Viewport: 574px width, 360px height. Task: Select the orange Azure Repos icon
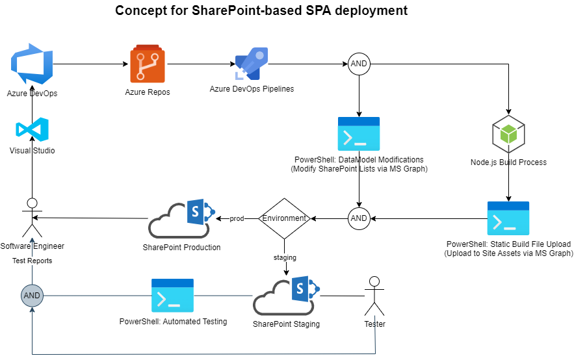click(x=148, y=64)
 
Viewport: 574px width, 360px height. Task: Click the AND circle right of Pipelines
click(x=359, y=64)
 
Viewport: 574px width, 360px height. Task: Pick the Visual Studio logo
click(x=32, y=130)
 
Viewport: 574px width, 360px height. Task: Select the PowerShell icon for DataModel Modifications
click(x=359, y=134)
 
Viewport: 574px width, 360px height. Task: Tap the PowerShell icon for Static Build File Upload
click(x=508, y=218)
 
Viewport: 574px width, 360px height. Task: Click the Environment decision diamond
click(x=284, y=218)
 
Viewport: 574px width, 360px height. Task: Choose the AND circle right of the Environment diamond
click(x=359, y=218)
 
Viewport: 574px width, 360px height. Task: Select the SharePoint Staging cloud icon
click(x=286, y=296)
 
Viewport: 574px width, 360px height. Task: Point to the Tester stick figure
click(x=373, y=297)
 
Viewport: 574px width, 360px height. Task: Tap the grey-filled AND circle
click(x=31, y=295)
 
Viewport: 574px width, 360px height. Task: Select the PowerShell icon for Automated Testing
click(x=172, y=296)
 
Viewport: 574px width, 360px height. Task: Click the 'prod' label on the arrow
click(x=237, y=219)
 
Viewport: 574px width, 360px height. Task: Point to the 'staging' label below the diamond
click(x=284, y=257)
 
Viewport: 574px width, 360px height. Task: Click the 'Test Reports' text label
click(x=32, y=261)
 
